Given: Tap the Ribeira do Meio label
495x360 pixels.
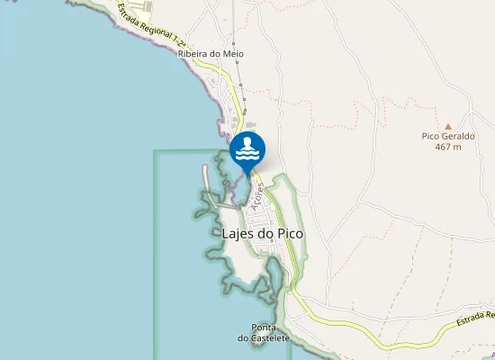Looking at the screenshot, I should (x=211, y=54).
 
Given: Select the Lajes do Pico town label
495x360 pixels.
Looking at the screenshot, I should (x=262, y=234).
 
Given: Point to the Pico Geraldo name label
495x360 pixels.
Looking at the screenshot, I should (x=448, y=136).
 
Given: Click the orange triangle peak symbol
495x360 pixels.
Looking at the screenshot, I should (x=448, y=126).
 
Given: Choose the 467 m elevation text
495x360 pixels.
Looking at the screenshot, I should (x=448, y=147).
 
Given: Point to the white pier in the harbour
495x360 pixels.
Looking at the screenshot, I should (x=207, y=181).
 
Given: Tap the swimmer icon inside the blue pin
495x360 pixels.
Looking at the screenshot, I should (x=247, y=150).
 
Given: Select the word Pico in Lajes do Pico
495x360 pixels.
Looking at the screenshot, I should (x=289, y=234).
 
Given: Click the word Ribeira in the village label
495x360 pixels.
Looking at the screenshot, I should (x=193, y=54).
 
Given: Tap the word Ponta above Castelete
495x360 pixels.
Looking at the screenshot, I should (x=264, y=327).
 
